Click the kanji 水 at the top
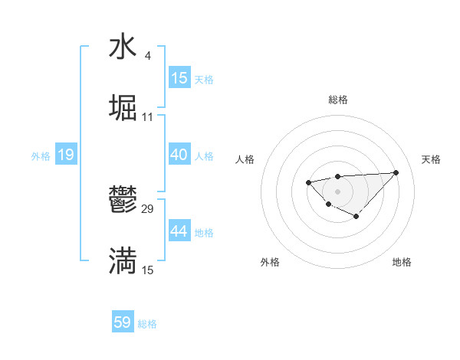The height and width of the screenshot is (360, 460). [123, 47]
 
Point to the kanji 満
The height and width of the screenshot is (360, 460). [123, 260]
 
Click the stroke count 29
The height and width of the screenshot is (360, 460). [148, 208]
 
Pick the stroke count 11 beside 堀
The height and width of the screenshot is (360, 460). [148, 117]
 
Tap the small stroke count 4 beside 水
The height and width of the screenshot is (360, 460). [147, 55]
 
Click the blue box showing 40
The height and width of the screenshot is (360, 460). [179, 155]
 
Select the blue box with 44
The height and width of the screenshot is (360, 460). [179, 231]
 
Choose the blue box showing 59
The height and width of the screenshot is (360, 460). [123, 322]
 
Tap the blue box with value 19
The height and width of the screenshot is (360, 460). [66, 155]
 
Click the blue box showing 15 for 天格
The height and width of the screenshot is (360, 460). [179, 78]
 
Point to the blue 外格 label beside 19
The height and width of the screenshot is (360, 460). [41, 156]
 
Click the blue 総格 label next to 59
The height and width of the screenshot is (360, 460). [147, 324]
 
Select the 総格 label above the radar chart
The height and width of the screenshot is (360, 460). [337, 100]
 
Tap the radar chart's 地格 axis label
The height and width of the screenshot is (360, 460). [402, 262]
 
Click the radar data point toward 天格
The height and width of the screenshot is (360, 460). [396, 172]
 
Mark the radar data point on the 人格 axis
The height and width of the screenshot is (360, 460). [307, 182]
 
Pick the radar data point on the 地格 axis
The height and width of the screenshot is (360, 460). [356, 217]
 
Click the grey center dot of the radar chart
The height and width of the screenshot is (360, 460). [337, 191]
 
